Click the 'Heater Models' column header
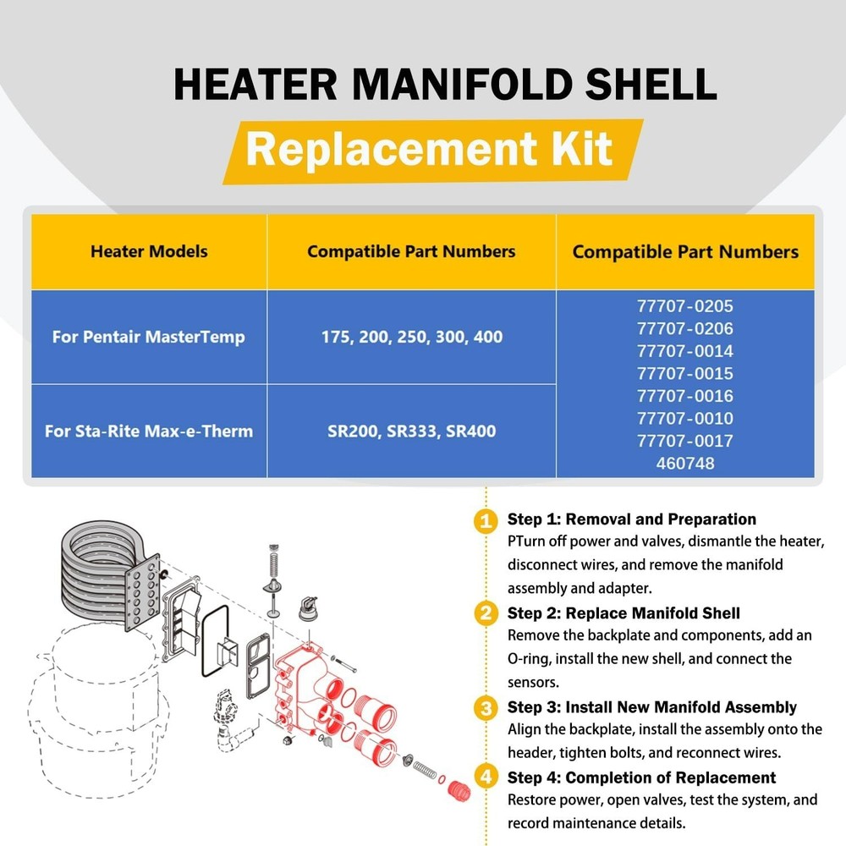point(149,251)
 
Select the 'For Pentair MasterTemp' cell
point(149,337)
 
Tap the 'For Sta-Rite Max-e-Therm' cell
point(149,431)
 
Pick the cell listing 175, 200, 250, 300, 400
point(411,337)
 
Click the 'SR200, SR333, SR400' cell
point(411,431)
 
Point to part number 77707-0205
point(685,306)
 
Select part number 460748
point(685,463)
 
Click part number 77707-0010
point(685,418)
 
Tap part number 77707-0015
point(685,373)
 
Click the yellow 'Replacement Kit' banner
point(430,149)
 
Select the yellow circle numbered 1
point(485,520)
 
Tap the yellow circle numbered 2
point(485,614)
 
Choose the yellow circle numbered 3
point(485,707)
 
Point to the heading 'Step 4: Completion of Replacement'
point(641,777)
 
